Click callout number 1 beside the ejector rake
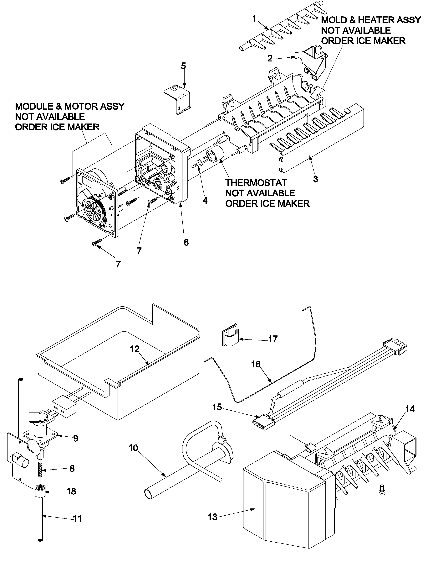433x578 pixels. click(x=254, y=19)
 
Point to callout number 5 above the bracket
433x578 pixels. click(x=183, y=66)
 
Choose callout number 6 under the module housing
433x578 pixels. click(x=186, y=243)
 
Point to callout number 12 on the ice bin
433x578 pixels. click(x=135, y=349)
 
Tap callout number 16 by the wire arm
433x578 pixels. click(x=256, y=364)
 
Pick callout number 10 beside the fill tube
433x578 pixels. click(x=133, y=448)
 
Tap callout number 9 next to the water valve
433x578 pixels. click(x=75, y=438)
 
